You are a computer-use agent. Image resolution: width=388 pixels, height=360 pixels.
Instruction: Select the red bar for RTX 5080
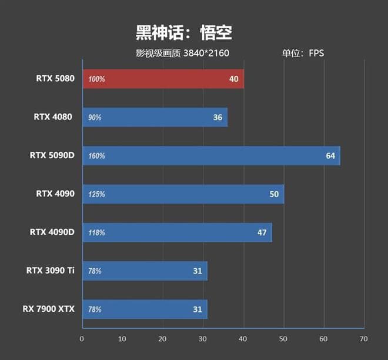(x=163, y=79)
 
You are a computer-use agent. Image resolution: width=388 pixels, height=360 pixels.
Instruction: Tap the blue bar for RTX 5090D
(x=211, y=156)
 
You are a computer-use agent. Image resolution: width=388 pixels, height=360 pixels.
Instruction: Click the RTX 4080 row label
(x=53, y=117)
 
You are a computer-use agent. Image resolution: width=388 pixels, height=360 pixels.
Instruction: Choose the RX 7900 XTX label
(x=49, y=309)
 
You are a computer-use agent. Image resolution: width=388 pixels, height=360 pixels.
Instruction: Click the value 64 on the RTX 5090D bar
(x=330, y=156)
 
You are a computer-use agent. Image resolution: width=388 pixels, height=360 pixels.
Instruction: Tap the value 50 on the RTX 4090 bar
(x=274, y=194)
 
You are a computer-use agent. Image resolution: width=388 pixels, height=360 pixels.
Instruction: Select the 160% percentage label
(x=97, y=156)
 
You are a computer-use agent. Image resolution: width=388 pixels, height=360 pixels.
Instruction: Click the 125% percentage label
(x=97, y=194)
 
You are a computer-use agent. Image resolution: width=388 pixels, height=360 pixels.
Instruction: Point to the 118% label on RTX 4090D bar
(x=97, y=232)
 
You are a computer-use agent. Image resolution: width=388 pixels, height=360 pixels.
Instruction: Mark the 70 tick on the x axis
(x=363, y=339)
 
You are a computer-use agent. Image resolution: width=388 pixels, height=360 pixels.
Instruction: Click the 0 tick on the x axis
(x=82, y=339)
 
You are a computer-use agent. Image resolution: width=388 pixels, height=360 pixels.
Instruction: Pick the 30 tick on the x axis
(x=203, y=339)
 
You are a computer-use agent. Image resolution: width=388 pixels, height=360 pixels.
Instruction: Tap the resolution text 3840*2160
(x=206, y=54)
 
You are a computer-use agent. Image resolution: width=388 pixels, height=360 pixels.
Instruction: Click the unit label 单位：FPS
(x=303, y=54)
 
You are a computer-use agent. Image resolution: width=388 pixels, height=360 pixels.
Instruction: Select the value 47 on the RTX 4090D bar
(x=262, y=232)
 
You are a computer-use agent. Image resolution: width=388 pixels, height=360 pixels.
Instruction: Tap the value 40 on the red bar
(x=234, y=79)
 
